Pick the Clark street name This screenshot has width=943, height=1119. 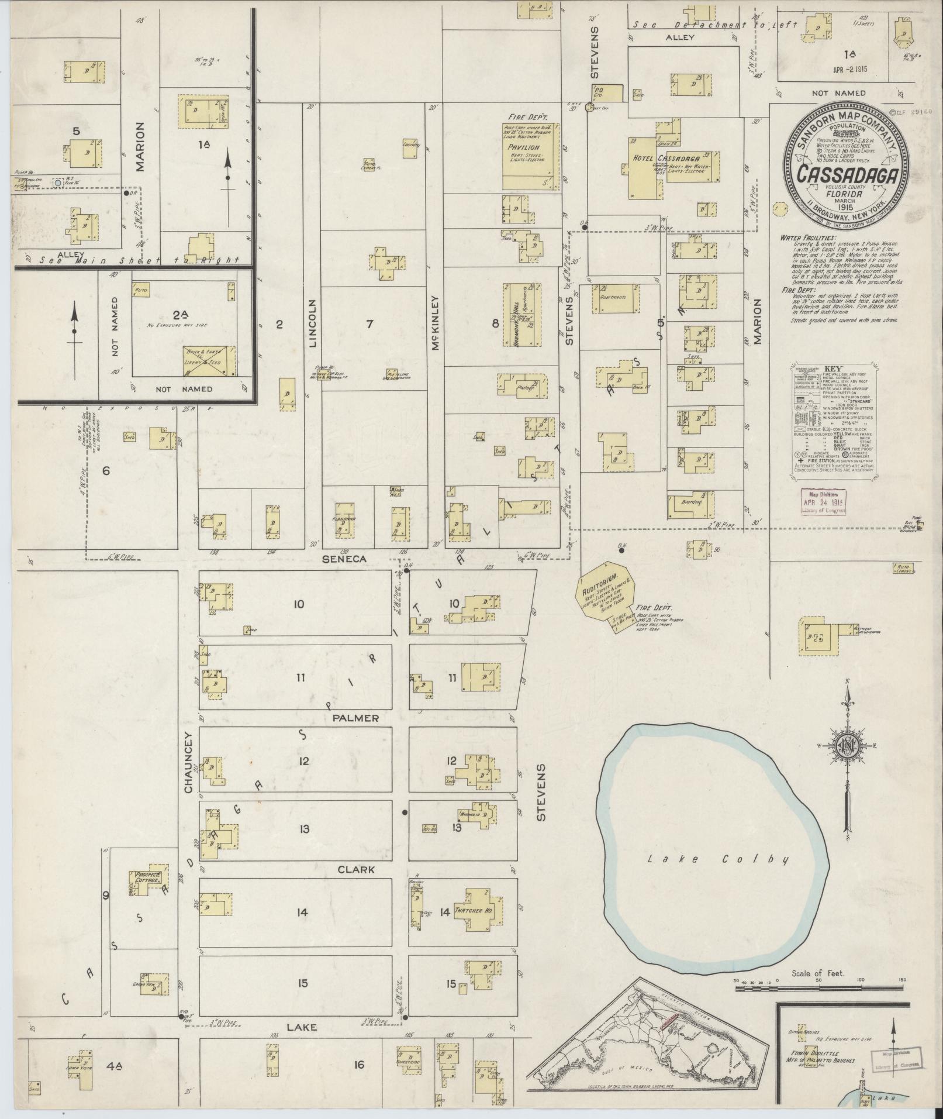click(x=356, y=870)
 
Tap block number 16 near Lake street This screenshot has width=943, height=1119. click(x=358, y=1064)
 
